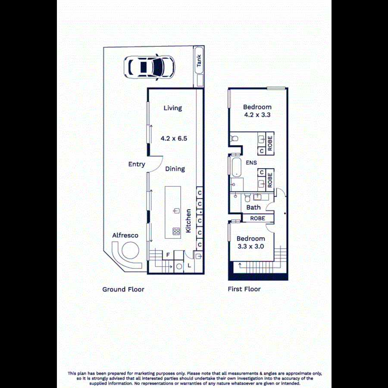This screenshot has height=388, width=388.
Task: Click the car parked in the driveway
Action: tap(149, 67)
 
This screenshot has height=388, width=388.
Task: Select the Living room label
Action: tap(172, 108)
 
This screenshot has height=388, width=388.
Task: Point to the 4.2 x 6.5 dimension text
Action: tap(173, 139)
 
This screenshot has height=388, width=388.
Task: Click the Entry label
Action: tap(137, 164)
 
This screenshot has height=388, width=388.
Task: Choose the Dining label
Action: tap(175, 169)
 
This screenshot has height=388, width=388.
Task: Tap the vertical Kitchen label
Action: tap(188, 221)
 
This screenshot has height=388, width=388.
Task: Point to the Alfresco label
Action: tap(125, 235)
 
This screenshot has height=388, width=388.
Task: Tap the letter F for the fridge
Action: tap(168, 255)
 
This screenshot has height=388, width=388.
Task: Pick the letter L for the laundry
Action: tap(189, 266)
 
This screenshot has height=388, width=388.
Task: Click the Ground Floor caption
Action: tap(123, 289)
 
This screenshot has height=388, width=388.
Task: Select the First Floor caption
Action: tap(244, 289)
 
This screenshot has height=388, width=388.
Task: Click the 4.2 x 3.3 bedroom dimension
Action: tap(257, 115)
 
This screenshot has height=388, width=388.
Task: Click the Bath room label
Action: tap(253, 207)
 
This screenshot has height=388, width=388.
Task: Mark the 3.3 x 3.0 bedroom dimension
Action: tap(250, 247)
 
